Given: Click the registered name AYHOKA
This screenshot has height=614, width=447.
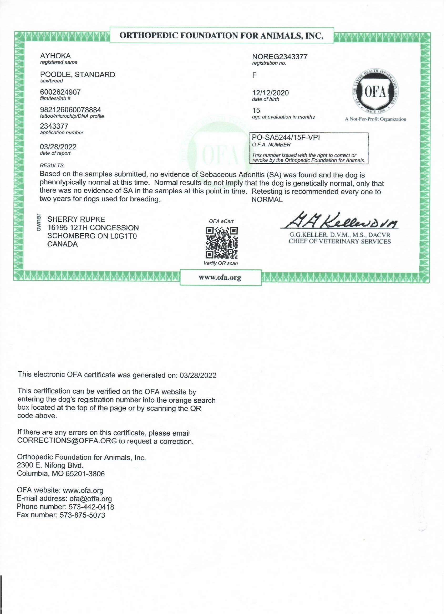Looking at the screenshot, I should [x=55, y=56].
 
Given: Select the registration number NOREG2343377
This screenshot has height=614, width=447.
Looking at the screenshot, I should [x=280, y=57].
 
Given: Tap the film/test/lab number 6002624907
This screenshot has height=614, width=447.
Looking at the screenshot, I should [x=60, y=92].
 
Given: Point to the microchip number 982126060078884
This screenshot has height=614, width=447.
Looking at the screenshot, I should [x=70, y=110].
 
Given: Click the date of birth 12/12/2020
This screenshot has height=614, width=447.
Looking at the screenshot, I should [x=270, y=93].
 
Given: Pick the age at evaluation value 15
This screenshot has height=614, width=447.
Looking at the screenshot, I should [x=256, y=111].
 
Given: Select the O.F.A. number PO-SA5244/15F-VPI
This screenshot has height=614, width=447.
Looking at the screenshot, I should [x=286, y=138].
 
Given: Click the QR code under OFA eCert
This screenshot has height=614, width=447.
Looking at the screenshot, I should [x=221, y=243].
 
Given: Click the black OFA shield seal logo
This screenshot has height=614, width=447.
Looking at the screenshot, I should [x=375, y=93].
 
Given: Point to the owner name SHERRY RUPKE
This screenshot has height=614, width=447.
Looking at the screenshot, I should [x=76, y=220].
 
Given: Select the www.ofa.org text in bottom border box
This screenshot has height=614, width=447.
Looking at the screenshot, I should [x=220, y=278].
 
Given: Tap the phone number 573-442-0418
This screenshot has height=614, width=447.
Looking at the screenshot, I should [x=91, y=507].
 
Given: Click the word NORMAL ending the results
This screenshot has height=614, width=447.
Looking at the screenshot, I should [x=267, y=200].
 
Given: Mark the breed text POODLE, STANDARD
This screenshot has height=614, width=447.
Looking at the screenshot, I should [x=78, y=75].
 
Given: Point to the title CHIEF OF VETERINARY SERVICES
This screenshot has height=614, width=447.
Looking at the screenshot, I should [x=340, y=242].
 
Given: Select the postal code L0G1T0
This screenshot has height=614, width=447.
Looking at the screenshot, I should [x=124, y=236].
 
